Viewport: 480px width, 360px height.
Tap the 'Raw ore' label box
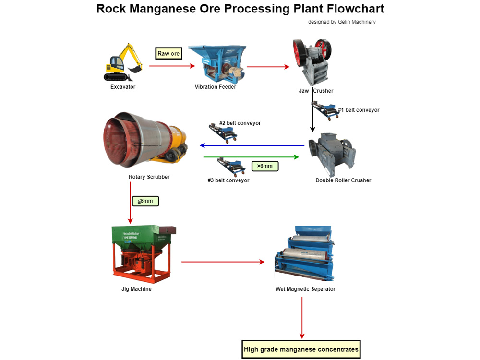point(168,53)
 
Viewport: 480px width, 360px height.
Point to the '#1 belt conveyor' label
point(359,110)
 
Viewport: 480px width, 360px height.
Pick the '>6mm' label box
point(264,166)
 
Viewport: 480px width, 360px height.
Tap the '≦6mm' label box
point(145,201)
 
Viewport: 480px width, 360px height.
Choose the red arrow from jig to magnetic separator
point(223,262)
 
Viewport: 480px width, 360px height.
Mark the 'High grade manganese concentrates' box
point(301,349)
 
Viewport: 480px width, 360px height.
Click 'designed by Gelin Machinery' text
point(342,22)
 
